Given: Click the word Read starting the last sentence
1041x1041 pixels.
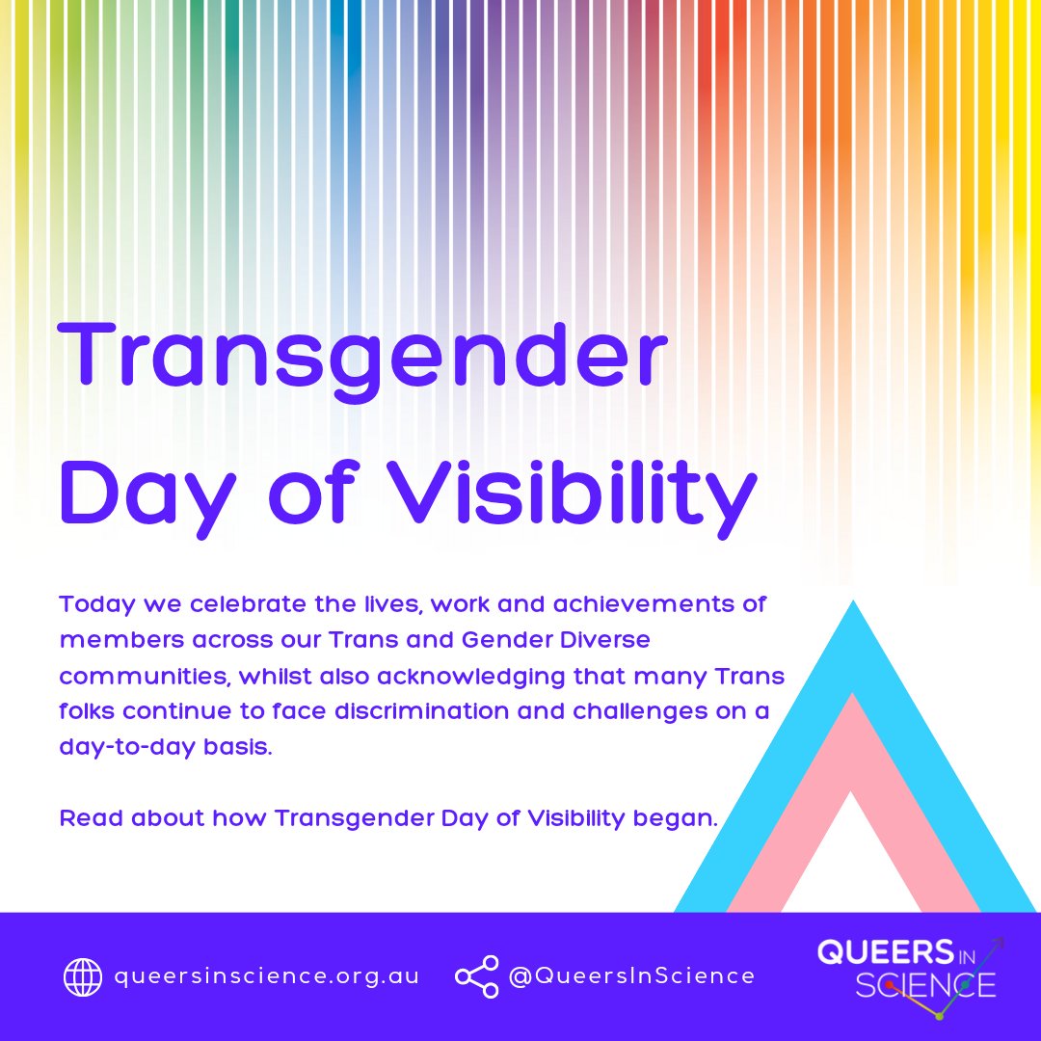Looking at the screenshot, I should tap(91, 819).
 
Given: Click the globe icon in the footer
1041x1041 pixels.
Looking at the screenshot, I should tap(83, 976).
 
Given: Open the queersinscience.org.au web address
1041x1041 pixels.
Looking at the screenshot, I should tap(267, 976).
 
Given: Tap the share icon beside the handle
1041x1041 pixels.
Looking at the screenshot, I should tap(476, 976).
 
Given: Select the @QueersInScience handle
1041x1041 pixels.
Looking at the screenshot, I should tap(631, 976).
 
